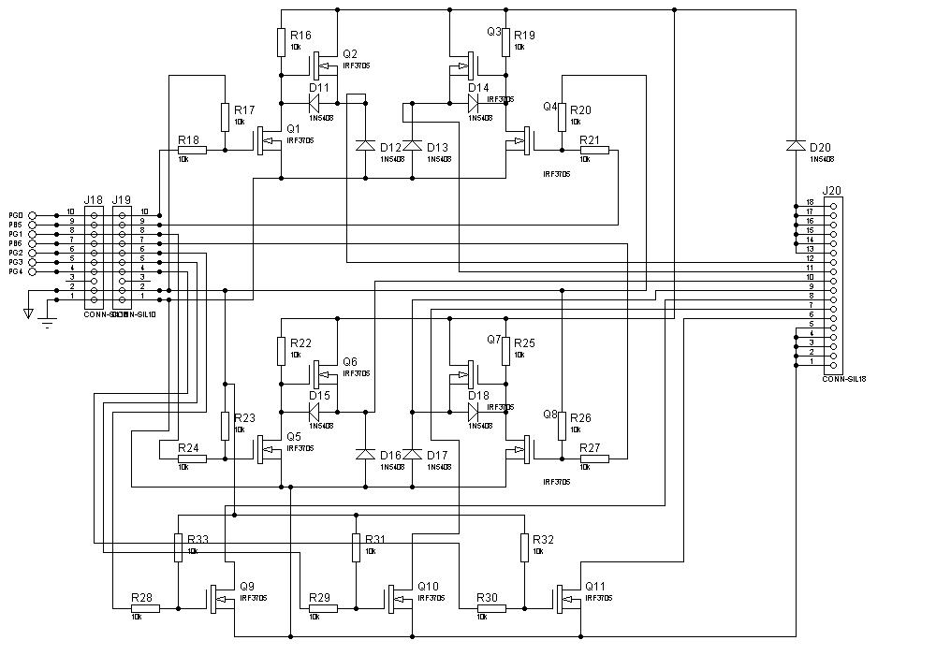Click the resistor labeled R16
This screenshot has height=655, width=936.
point(281,42)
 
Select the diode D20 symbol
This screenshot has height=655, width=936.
point(796,145)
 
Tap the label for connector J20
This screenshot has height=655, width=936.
point(831,192)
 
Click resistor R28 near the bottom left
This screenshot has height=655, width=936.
point(145,608)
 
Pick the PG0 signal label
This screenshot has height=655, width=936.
point(15,215)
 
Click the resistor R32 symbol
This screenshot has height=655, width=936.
point(524,547)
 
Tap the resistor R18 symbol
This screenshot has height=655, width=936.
point(192,150)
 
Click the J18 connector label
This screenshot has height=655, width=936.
point(93,200)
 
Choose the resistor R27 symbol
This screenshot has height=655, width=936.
point(594,458)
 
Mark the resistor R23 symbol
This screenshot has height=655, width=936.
point(225,426)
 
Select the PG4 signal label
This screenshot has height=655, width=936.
point(15,271)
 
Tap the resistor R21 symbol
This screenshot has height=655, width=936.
point(594,150)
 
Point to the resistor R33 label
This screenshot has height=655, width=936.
point(197,540)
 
